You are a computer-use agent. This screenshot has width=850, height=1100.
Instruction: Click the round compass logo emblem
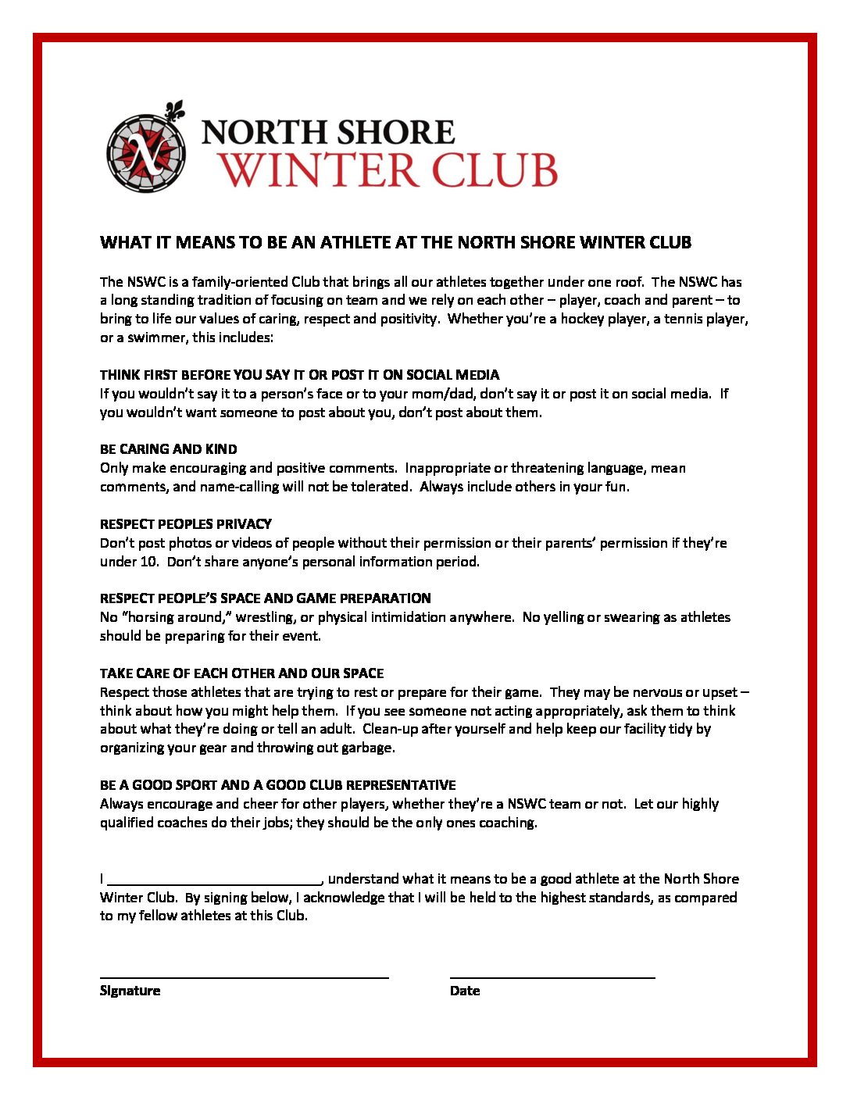[146, 152]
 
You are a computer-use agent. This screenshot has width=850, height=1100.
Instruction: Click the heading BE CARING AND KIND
[168, 449]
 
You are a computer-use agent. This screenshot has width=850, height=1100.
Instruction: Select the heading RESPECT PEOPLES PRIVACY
[186, 523]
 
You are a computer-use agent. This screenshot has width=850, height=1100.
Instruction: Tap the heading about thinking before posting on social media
[299, 375]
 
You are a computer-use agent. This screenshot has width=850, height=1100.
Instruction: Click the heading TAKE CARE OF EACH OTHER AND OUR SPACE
[241, 673]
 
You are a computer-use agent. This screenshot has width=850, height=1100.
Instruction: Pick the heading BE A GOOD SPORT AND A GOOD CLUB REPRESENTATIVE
[277, 785]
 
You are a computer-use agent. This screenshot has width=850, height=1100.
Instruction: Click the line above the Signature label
[244, 977]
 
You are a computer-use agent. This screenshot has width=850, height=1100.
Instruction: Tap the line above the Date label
[552, 977]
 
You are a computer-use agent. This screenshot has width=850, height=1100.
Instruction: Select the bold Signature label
[130, 991]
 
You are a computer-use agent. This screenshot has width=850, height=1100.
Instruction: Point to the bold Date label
[465, 991]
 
